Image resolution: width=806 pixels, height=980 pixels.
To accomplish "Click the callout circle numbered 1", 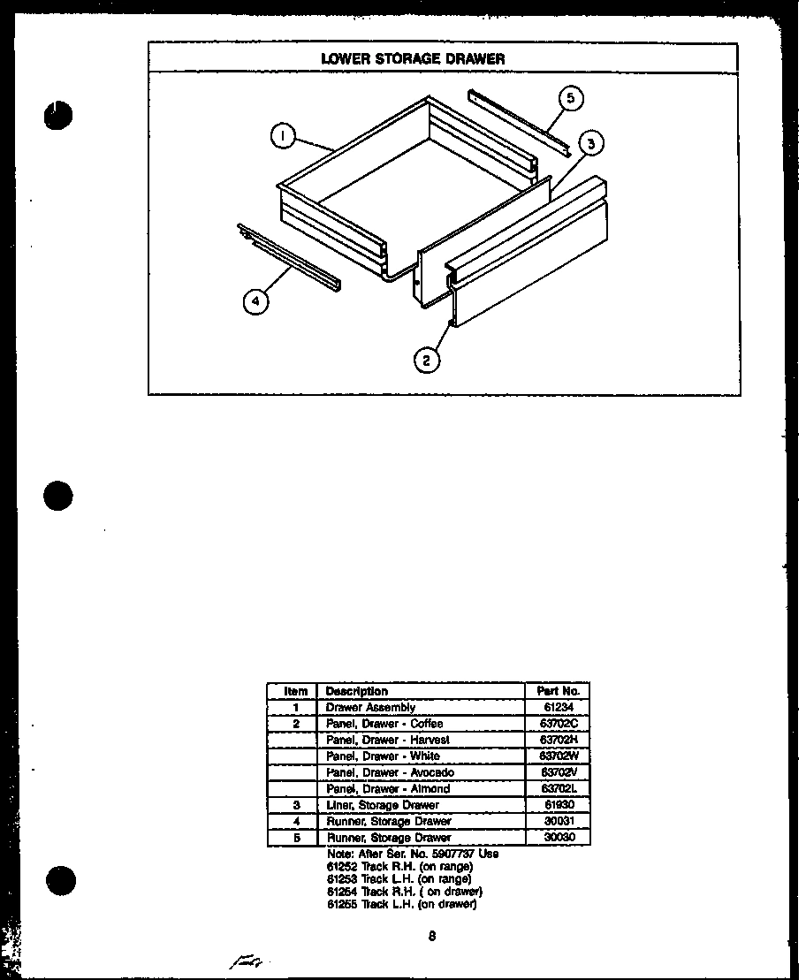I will click(x=281, y=136).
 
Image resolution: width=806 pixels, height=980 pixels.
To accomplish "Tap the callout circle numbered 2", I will click(x=427, y=359).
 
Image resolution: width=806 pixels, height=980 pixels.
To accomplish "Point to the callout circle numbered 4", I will click(x=255, y=301).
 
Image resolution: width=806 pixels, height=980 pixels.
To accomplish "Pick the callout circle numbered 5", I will click(x=571, y=98).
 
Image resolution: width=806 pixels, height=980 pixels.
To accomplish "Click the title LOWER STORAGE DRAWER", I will click(x=413, y=59).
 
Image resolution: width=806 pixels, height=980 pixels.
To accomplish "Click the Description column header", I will click(x=357, y=691).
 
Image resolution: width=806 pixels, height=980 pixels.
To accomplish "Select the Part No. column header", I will click(x=557, y=691).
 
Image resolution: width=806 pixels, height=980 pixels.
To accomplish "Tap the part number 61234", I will click(x=557, y=707).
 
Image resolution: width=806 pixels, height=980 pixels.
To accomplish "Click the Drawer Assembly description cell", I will click(x=370, y=707).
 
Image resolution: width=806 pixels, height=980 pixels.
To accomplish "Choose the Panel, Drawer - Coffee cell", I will click(x=384, y=724).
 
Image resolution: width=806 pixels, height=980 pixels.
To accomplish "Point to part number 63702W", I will click(x=557, y=756).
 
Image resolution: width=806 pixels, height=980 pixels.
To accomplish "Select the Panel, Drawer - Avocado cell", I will click(x=391, y=772).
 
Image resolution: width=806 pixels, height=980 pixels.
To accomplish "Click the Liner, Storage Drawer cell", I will click(x=383, y=805).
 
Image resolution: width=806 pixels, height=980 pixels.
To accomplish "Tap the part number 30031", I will click(x=557, y=821).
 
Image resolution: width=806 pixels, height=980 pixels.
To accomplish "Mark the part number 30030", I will click(x=557, y=837).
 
